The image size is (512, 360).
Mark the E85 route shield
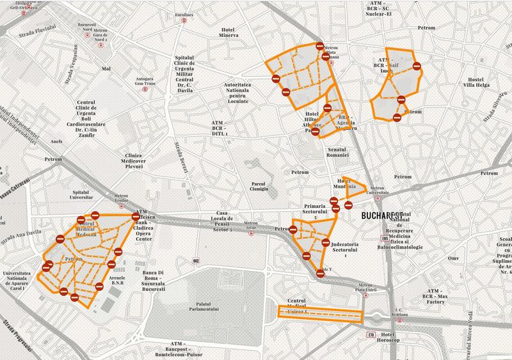coord(384,239)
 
